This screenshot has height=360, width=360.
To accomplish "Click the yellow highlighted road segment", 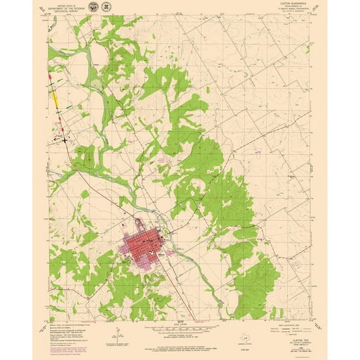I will click(x=56, y=97).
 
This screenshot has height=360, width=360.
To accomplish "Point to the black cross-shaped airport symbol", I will click(x=65, y=140).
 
